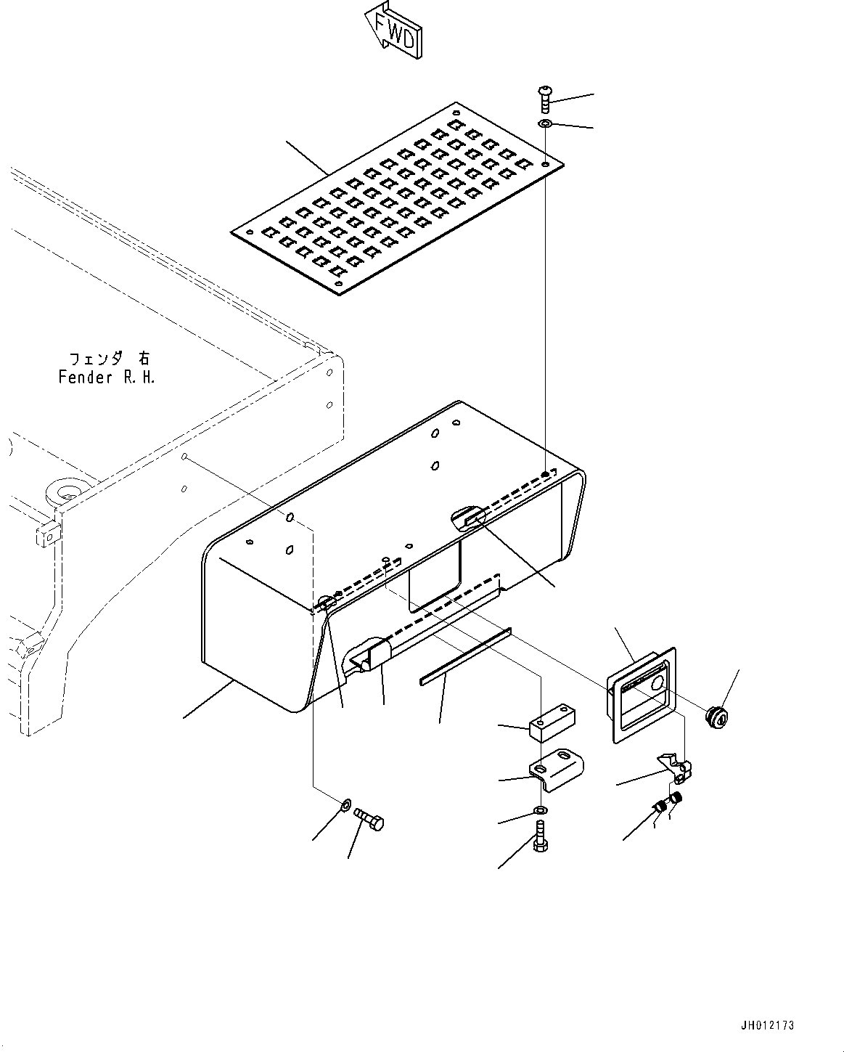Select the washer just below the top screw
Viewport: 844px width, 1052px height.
(x=545, y=125)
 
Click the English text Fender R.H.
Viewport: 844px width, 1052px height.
(x=106, y=378)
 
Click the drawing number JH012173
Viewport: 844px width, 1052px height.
(x=767, y=1025)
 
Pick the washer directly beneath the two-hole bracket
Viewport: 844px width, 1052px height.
(x=541, y=810)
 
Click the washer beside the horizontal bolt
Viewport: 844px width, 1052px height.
(x=345, y=804)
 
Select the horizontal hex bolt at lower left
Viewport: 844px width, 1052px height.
(x=370, y=820)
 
